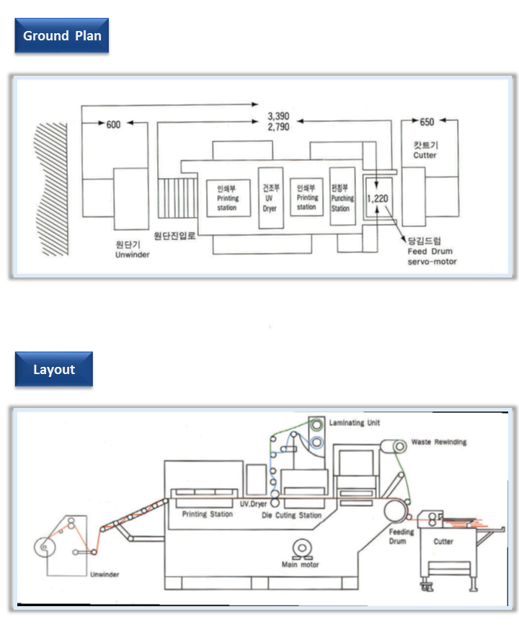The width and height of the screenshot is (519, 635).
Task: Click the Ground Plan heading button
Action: [61, 35]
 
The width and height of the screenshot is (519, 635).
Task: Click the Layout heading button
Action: [54, 369]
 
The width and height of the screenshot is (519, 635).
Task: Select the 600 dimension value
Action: [113, 125]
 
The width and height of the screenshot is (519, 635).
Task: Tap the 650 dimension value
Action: [427, 123]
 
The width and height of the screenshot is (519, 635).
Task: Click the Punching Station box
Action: [340, 197]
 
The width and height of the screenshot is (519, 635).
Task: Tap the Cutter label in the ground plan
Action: [425, 150]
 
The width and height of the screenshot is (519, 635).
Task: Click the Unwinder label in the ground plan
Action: [131, 249]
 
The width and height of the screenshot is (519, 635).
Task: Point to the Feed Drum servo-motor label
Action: [431, 252]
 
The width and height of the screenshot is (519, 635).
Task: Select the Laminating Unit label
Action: [354, 422]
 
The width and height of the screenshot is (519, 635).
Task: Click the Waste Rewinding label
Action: [438, 442]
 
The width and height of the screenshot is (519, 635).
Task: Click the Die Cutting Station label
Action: [291, 515]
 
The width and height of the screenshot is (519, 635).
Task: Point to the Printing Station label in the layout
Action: [208, 514]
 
